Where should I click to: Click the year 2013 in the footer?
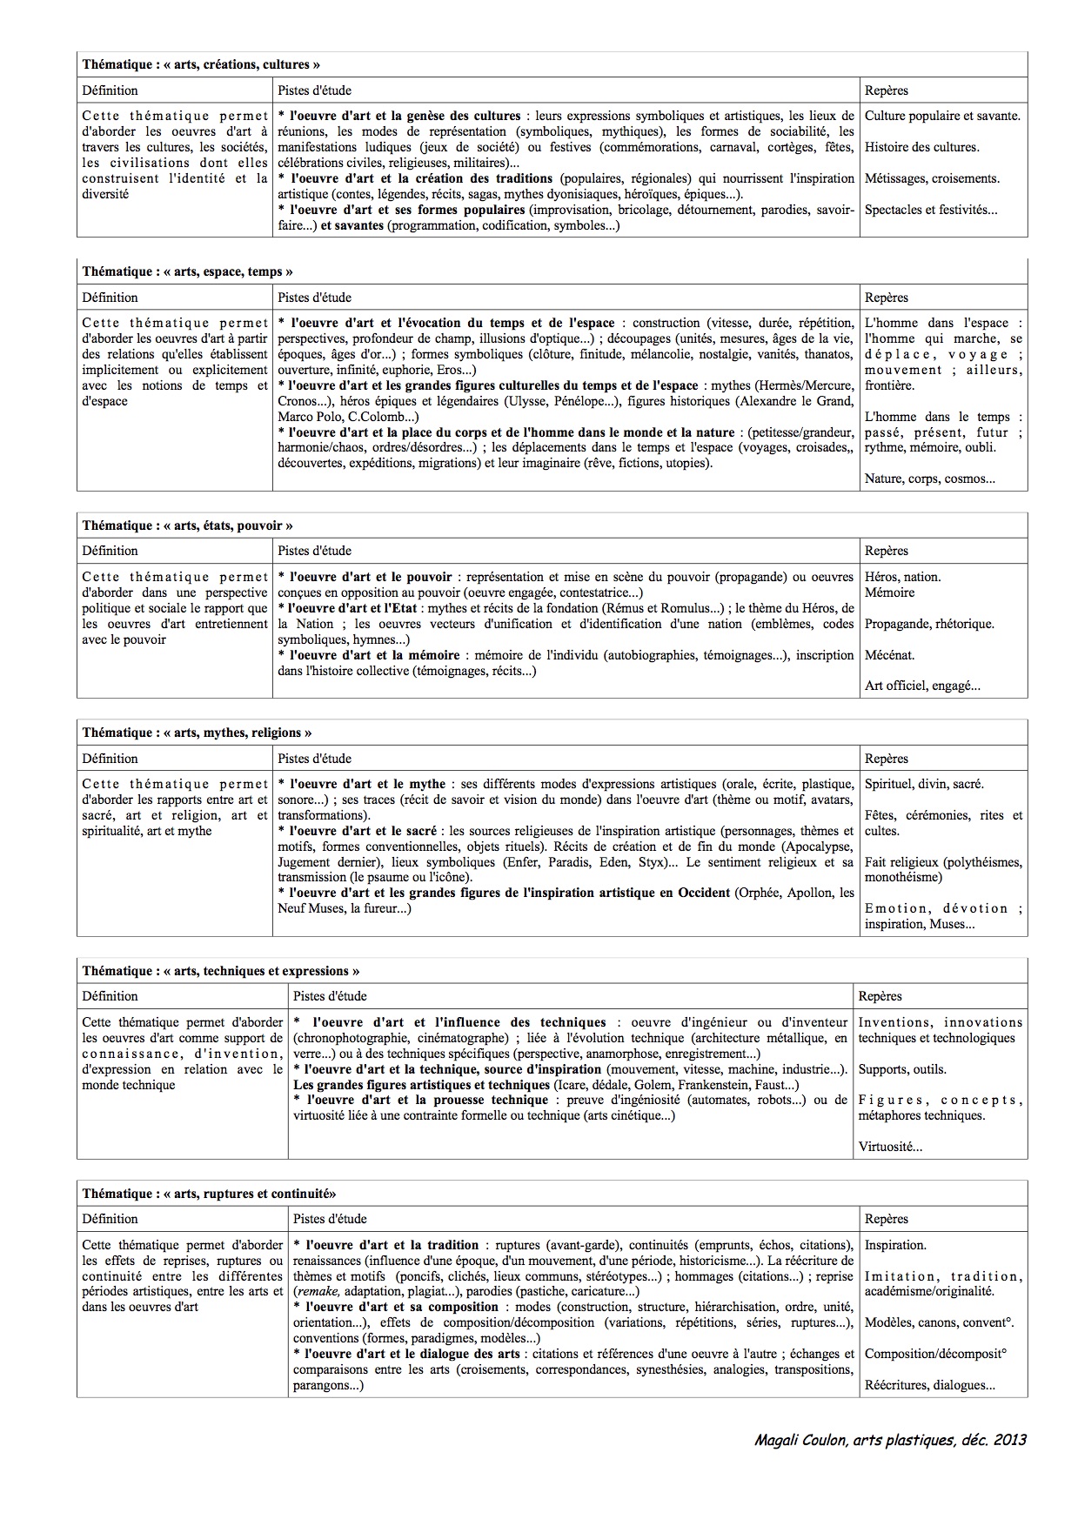1009,1440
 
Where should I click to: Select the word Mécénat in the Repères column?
889,655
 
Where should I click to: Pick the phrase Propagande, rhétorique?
929,624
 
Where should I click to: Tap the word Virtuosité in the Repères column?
888,1147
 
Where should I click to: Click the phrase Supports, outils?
901,1069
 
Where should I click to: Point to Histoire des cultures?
921,147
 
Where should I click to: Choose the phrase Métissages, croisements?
932,178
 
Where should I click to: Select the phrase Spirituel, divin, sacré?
924,784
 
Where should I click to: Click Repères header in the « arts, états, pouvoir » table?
887,551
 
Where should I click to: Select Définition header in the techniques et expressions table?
110,996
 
